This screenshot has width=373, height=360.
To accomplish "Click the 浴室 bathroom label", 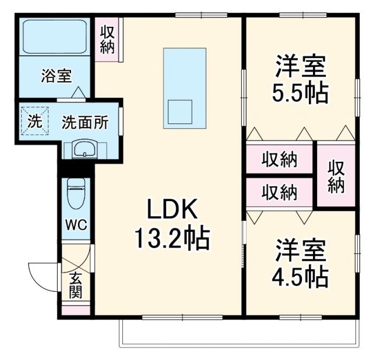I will click(56, 75).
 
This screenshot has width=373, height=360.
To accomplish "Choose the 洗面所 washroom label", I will click(85, 123).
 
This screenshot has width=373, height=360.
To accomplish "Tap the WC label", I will click(76, 225).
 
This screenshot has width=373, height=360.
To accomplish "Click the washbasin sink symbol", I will click(85, 149).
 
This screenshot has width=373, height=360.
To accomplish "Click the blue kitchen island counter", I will click(185, 87).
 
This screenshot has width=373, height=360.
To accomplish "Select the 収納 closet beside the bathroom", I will click(107, 39).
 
